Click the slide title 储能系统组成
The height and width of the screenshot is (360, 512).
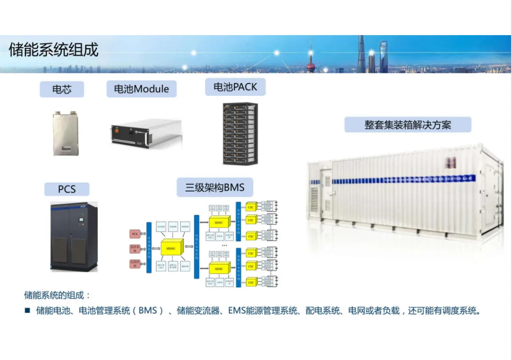54,50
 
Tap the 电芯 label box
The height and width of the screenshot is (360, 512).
62,89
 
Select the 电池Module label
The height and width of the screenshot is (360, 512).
141,89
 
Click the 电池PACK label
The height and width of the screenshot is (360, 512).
235,87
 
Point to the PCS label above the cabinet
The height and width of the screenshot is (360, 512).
67,189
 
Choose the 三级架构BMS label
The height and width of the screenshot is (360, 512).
215,187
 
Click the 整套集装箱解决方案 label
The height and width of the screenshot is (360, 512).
408,125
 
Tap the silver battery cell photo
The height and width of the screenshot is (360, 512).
65,133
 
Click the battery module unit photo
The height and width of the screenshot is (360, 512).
146,132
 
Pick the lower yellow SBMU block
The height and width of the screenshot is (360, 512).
219,268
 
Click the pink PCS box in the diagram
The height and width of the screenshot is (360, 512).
135,234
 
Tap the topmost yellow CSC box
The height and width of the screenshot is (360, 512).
251,207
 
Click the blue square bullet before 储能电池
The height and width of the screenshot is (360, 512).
27,311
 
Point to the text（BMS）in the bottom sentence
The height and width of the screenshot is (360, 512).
147,311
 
